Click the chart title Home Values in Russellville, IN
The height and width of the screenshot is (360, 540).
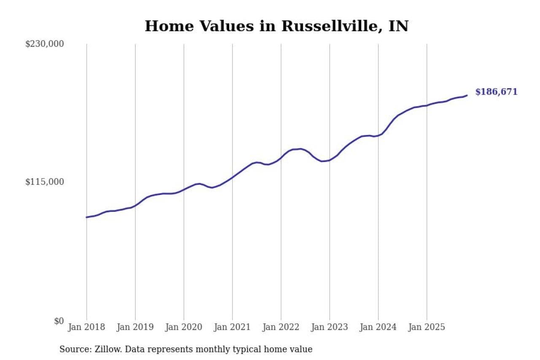276,26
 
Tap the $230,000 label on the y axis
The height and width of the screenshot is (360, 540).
44,44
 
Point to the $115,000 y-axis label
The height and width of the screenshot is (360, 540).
44,182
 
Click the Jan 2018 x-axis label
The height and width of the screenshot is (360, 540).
86,327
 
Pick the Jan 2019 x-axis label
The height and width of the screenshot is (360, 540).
135,327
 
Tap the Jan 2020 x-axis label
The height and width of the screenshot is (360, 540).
184,327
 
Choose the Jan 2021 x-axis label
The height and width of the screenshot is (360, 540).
232,327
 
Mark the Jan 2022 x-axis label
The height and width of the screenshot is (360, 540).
281,327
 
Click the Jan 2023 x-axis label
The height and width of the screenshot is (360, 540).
329,327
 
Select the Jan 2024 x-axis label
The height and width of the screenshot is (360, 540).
378,327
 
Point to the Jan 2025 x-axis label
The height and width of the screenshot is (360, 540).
427,327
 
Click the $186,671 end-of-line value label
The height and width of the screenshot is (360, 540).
496,92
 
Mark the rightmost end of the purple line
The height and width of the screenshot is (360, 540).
467,95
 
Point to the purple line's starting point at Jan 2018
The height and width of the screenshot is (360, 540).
86,217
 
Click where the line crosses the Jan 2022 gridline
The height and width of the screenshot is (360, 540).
281,158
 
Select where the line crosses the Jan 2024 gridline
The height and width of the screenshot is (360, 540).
378,135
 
